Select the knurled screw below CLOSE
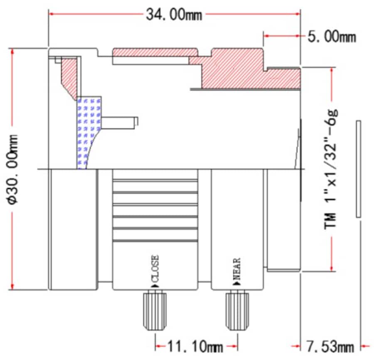pos(155,310)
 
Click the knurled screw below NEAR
pos(238,310)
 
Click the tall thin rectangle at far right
pos(359,169)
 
